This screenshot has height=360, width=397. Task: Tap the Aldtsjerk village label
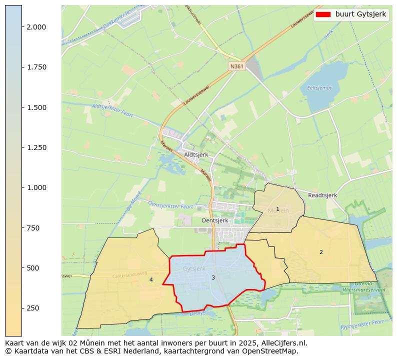click(x=196, y=154)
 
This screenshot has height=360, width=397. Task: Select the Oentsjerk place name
click(x=214, y=220)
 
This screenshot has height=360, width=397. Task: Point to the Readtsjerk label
click(x=322, y=195)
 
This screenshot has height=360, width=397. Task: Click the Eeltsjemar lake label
click(x=319, y=88)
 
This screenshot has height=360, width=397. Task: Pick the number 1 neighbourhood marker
click(x=277, y=209)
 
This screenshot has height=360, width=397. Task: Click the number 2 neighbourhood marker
click(x=321, y=252)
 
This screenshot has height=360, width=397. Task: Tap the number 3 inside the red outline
click(x=213, y=277)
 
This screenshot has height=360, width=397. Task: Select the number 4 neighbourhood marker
click(x=151, y=280)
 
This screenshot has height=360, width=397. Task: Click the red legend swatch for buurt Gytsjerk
click(x=323, y=14)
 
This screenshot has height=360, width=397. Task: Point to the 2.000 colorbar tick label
click(x=36, y=27)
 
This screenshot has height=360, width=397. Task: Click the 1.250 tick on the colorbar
click(x=36, y=147)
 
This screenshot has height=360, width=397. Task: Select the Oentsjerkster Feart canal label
click(x=170, y=205)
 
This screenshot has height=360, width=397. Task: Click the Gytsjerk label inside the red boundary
click(x=194, y=268)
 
